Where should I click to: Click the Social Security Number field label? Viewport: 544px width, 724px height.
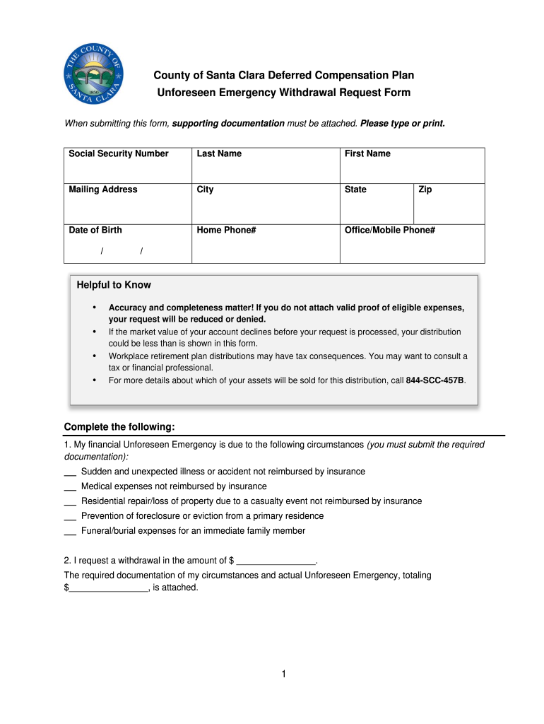[118, 153]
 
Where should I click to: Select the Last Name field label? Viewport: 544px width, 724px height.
[219, 153]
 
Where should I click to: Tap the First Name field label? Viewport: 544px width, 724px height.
[367, 153]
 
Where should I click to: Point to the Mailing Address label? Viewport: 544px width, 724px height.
[103, 189]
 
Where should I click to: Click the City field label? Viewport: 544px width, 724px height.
[205, 189]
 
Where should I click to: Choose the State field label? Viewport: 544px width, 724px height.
[355, 189]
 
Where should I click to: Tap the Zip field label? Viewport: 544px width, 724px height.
[425, 189]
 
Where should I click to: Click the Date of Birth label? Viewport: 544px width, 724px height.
[95, 230]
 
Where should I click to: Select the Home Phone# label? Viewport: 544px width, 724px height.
[226, 230]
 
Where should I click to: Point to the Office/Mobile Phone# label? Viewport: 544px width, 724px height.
[389, 230]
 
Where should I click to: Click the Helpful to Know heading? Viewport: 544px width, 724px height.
[114, 285]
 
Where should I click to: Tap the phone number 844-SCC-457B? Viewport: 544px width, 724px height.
[435, 380]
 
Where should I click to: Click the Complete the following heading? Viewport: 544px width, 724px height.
[119, 427]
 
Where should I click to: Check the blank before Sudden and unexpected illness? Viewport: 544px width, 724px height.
[70, 472]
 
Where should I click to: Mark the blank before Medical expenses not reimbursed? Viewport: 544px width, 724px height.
[70, 487]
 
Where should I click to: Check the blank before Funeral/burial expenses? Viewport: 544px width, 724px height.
[70, 532]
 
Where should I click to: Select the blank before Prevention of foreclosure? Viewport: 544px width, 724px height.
[70, 517]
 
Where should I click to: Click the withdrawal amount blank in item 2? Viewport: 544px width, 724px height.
[276, 561]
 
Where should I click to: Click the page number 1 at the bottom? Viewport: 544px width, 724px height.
[283, 674]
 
